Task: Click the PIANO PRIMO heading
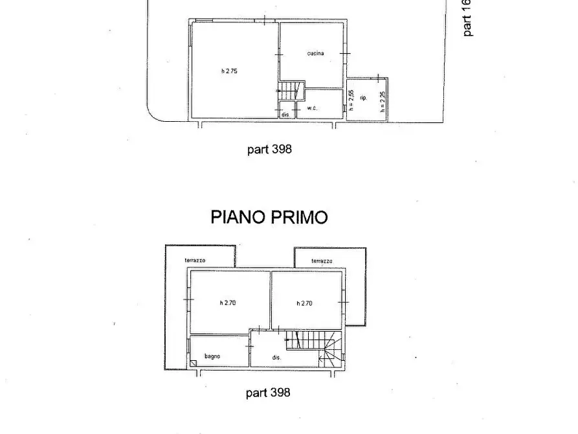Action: coord(269,217)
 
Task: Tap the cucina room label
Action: coord(316,54)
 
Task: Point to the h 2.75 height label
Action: coord(229,71)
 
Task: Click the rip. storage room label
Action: coord(364,98)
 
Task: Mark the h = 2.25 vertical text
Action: coord(383,102)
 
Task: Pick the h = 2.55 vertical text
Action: coord(351,101)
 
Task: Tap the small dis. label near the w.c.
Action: coord(285,115)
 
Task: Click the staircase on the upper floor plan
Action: coord(291,90)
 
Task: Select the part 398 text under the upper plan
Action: coord(269,149)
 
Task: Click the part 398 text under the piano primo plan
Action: coord(268,393)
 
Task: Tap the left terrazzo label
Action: coord(195,260)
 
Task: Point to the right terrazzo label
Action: coord(322,261)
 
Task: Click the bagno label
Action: coord(213,356)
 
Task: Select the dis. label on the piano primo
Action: coord(276,358)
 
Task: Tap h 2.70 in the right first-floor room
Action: coord(304,303)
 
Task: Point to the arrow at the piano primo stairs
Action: coord(322,357)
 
